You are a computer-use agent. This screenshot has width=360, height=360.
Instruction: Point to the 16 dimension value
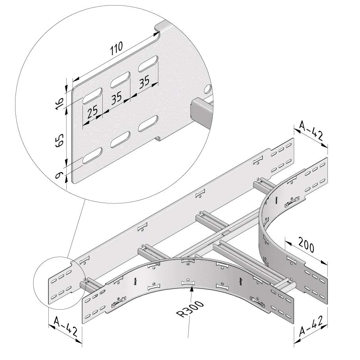click(60, 104)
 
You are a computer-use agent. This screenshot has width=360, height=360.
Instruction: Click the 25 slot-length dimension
click(92, 113)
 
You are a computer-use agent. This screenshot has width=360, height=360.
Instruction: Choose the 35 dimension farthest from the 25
click(144, 82)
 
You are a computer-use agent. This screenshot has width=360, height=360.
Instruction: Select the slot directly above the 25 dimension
click(92, 96)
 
